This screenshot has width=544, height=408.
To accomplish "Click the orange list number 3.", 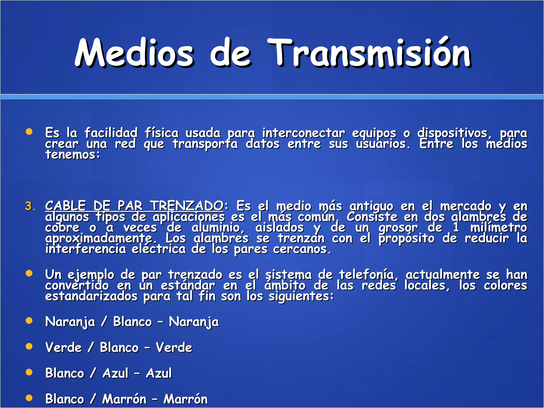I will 30,206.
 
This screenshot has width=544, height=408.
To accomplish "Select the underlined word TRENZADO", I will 187,206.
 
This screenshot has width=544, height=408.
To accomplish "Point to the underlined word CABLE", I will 66,206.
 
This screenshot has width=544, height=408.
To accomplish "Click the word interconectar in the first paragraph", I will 304,133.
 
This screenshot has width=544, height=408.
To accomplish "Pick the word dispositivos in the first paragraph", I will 452,133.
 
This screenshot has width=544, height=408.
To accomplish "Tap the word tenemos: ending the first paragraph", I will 73,155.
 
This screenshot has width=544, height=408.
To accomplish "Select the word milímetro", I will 499,227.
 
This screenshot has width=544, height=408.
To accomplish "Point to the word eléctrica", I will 159,249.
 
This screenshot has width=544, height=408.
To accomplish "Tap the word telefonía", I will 368,275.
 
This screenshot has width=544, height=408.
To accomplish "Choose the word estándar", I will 188,286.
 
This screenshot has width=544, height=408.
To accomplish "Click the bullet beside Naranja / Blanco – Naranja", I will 29,321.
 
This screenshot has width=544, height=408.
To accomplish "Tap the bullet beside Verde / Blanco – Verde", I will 29,346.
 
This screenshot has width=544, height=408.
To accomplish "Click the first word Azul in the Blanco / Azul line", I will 115,373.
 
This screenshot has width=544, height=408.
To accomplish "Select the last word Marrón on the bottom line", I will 185,399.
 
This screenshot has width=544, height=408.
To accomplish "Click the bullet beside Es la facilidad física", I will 29,132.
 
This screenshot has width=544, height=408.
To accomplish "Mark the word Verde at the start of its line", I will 63,347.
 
